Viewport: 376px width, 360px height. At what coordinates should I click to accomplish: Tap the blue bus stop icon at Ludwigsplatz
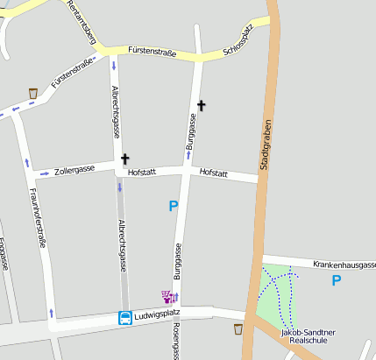125,318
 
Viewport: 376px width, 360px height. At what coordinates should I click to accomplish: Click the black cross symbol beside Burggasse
202,106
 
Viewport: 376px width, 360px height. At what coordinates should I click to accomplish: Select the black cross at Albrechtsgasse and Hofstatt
124,159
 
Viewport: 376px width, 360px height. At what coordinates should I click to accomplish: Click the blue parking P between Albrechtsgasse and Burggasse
174,206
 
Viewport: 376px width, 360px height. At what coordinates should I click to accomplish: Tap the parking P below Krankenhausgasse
336,280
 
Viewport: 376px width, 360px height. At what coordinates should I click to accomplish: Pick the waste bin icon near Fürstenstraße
33,93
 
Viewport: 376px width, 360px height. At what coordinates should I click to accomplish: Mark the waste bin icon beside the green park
238,329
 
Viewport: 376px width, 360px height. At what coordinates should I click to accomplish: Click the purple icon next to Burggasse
169,297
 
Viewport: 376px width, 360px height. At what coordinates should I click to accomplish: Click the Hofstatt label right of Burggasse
214,173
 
